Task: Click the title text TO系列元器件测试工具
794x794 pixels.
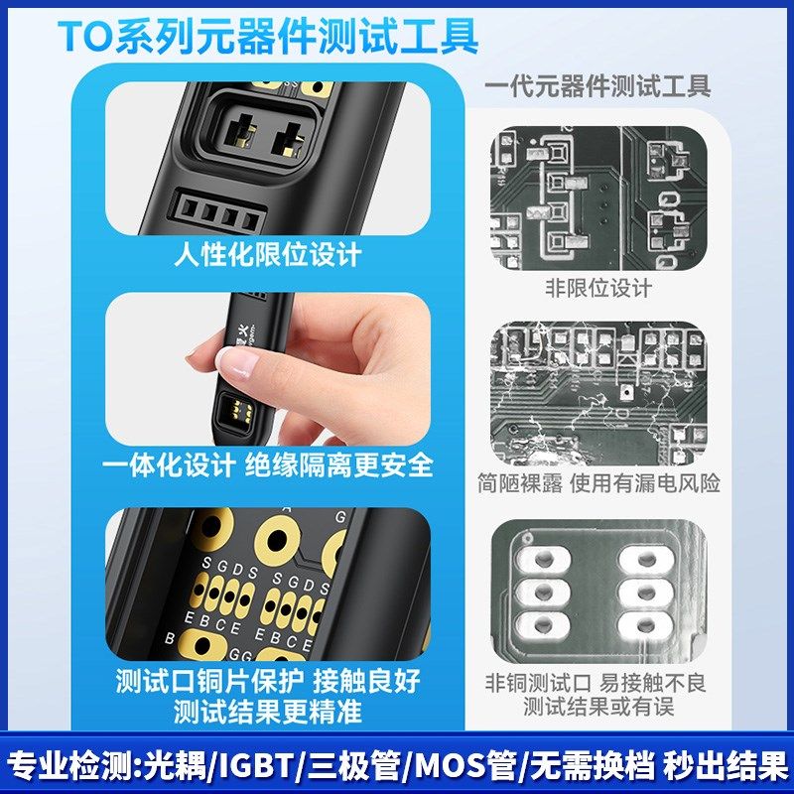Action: click(x=268, y=36)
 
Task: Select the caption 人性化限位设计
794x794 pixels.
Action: click(x=268, y=255)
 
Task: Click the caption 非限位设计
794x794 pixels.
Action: click(x=597, y=288)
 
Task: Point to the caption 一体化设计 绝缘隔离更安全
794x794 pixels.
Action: click(x=268, y=464)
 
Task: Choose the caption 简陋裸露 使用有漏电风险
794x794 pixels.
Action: click(x=597, y=483)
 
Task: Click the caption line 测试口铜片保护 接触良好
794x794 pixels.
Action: click(x=268, y=681)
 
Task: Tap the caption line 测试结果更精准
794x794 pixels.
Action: click(x=268, y=712)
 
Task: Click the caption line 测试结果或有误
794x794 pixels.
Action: click(x=597, y=708)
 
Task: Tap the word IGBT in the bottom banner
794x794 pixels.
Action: click(x=255, y=766)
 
